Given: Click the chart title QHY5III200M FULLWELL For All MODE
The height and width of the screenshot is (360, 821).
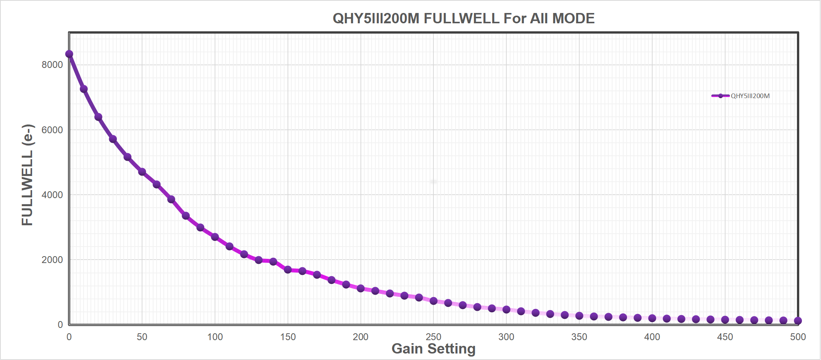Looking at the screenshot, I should point(464,18).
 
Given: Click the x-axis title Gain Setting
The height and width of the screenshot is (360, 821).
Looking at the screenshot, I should point(433,349).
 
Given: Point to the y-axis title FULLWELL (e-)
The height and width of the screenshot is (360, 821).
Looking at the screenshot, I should point(27,175).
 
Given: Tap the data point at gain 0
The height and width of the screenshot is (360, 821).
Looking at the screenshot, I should point(69,54).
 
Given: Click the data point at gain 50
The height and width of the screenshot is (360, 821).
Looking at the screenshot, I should point(142,172).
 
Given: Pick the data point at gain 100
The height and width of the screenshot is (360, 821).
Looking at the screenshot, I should point(215,237).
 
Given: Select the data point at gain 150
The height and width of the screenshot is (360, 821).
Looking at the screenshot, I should point(288,270).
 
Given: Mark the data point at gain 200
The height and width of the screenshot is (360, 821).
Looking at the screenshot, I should point(361,288).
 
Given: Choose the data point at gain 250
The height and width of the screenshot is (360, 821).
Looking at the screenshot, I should point(433,301).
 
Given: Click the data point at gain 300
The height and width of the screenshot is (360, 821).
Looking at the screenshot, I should point(506,310).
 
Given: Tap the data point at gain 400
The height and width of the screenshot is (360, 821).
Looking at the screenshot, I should point(652,318).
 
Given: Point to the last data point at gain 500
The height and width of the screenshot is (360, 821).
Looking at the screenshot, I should point(798,321).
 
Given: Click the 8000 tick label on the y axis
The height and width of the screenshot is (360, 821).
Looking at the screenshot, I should point(52,65).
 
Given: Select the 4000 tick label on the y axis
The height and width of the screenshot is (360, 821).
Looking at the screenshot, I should point(52,195).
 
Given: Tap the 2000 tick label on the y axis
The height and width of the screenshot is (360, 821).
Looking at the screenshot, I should point(52,260).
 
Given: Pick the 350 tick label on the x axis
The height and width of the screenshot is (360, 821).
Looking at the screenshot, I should point(579,337).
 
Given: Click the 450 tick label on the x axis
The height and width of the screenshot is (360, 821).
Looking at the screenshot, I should point(725,337).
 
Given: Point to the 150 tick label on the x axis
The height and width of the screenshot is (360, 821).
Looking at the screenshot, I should point(288,337).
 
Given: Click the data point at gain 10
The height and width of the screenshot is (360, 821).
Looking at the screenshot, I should point(84,89).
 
